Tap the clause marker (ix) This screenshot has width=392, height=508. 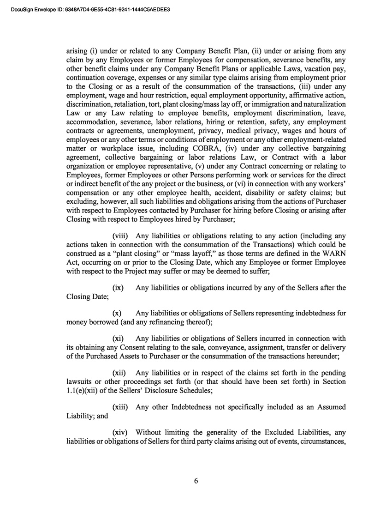tap(118, 288)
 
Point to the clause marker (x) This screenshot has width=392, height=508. tap(117, 313)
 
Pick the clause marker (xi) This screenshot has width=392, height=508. tap(118, 339)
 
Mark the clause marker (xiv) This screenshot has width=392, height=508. tap(120, 432)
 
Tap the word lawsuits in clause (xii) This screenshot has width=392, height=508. tap(80, 381)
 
